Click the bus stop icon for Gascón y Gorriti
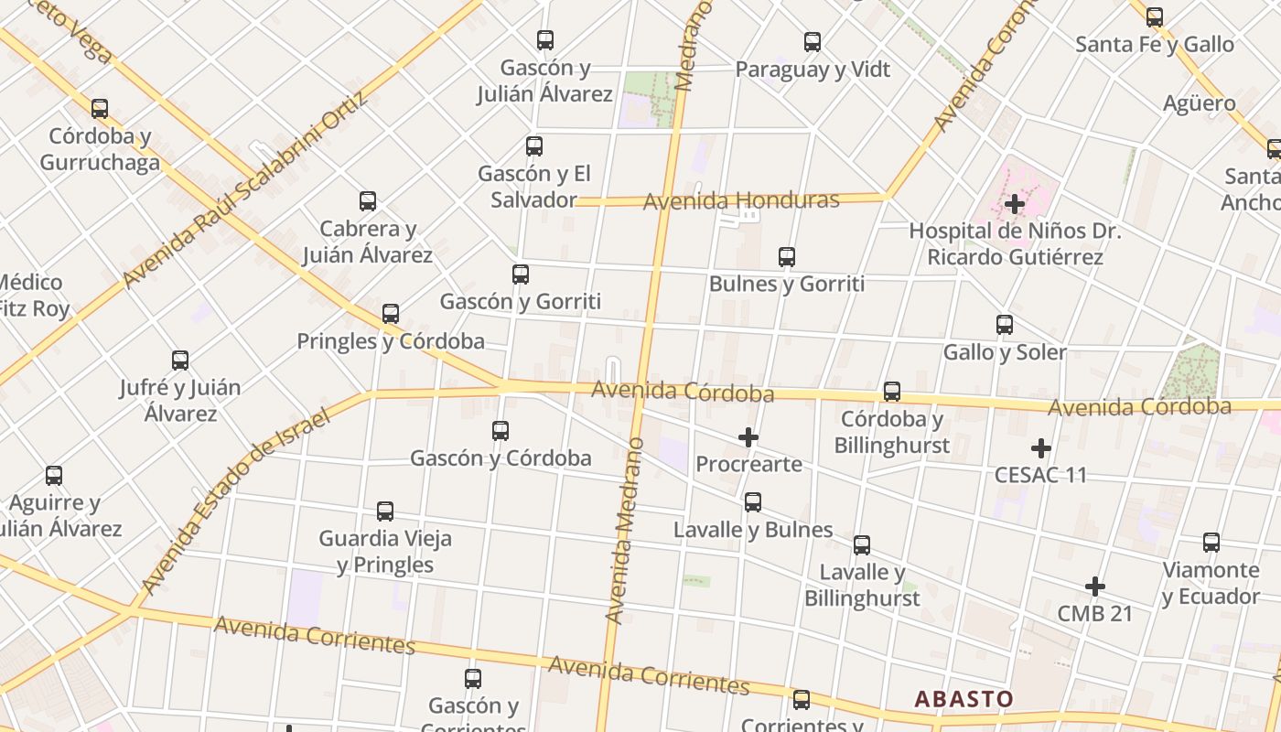pyautogui.click(x=521, y=274)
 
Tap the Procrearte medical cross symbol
pyautogui.click(x=748, y=437)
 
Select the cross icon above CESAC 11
pyautogui.click(x=1040, y=448)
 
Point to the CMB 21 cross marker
pyautogui.click(x=1094, y=587)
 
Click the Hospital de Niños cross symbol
pyautogui.click(x=1014, y=204)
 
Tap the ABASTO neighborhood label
pyautogui.click(x=963, y=699)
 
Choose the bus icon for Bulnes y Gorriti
pyautogui.click(x=787, y=257)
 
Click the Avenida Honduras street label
pyautogui.click(x=741, y=200)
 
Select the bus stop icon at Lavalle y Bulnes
pyautogui.click(x=753, y=501)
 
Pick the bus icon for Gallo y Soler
pyautogui.click(x=1005, y=324)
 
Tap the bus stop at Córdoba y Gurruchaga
pyautogui.click(x=100, y=109)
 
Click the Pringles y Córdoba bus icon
pyautogui.click(x=391, y=314)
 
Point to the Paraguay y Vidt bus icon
pyautogui.click(x=813, y=42)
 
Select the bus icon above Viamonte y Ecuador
pyautogui.click(x=1211, y=543)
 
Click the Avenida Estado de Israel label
pyautogui.click(x=236, y=501)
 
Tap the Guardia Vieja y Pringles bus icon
pyautogui.click(x=385, y=511)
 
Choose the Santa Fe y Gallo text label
pyautogui.click(x=1154, y=44)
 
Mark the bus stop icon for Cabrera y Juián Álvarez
pyautogui.click(x=368, y=201)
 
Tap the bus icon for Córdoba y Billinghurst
pyautogui.click(x=892, y=392)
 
